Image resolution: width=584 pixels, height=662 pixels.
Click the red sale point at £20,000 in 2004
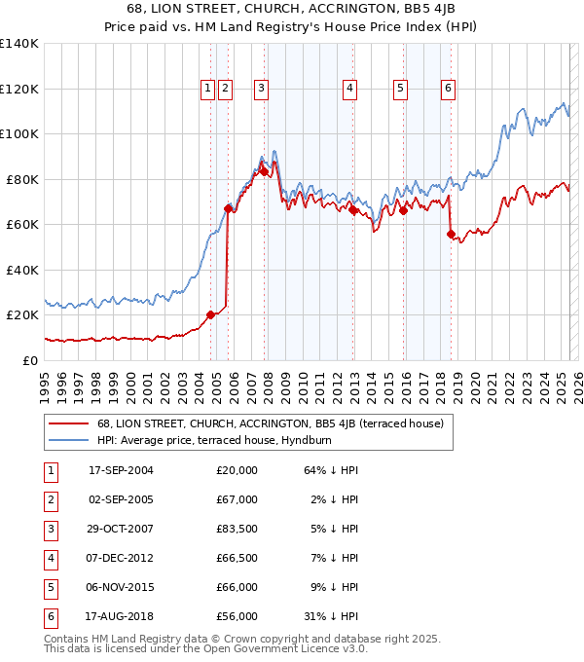pyautogui.click(x=211, y=314)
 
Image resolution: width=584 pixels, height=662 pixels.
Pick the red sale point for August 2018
pyautogui.click(x=451, y=234)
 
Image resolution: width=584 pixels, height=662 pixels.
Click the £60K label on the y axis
pyautogui.click(x=22, y=224)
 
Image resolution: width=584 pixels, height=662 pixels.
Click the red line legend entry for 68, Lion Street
pyautogui.click(x=271, y=423)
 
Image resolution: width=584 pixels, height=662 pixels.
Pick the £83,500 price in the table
pyautogui.click(x=237, y=529)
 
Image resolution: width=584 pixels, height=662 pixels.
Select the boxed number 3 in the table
pyautogui.click(x=50, y=529)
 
